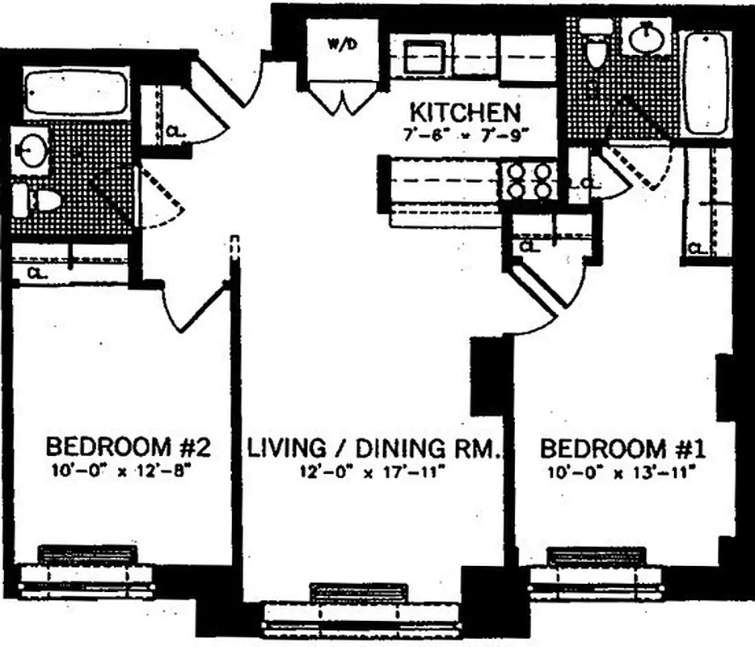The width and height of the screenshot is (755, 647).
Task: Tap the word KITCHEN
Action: coord(464,111)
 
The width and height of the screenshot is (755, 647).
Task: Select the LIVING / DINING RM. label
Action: coord(376,447)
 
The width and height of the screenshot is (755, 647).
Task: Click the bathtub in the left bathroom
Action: coord(76,94)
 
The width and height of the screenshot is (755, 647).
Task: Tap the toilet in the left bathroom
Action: coord(36,199)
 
